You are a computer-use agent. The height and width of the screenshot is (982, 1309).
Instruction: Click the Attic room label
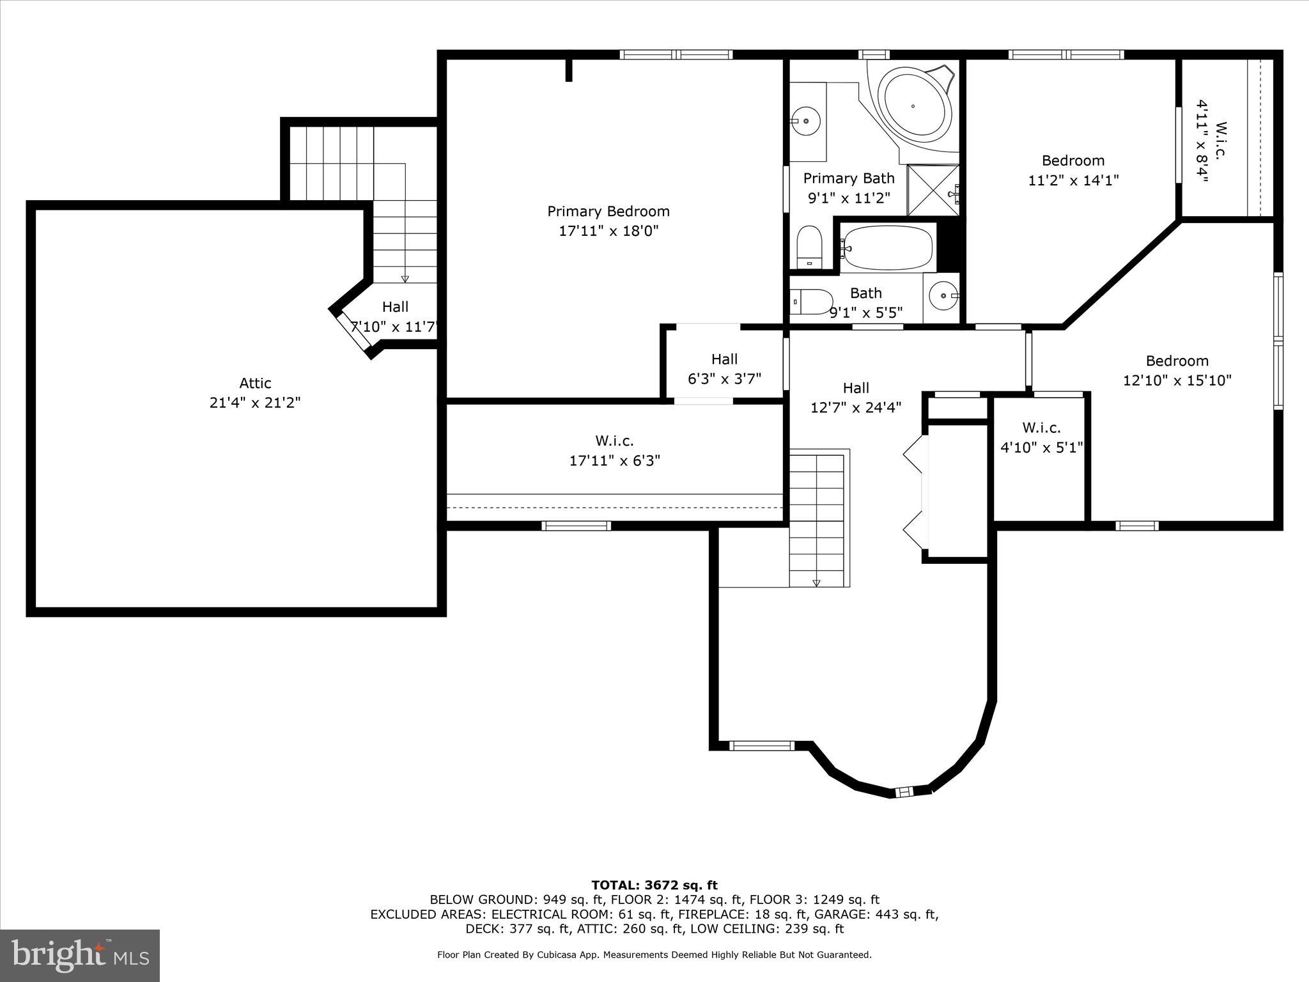tap(255, 383)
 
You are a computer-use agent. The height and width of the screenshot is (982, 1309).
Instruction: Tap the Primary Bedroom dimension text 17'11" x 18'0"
tap(608, 231)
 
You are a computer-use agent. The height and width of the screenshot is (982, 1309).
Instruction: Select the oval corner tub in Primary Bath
tap(914, 106)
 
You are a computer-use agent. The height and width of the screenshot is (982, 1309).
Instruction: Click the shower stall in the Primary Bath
tap(933, 191)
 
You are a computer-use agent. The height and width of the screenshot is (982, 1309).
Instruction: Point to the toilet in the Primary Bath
tap(809, 247)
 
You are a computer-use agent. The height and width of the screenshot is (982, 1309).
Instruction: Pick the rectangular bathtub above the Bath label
tap(887, 247)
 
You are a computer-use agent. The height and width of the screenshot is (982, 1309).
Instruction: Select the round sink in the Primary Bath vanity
tap(806, 120)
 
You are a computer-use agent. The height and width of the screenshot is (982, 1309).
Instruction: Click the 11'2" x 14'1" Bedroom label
tap(1073, 170)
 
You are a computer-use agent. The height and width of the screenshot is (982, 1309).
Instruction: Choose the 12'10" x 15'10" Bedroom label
tap(1177, 370)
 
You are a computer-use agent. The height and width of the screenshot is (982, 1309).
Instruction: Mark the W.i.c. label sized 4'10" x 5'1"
tap(1041, 437)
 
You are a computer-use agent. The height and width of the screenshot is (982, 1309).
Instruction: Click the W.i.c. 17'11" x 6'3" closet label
tap(614, 450)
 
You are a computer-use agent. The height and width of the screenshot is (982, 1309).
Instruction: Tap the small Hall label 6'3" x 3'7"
tap(724, 369)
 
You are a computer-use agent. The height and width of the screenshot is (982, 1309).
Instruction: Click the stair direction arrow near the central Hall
tap(816, 582)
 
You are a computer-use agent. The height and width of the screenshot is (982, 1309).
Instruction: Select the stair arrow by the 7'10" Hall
tap(405, 278)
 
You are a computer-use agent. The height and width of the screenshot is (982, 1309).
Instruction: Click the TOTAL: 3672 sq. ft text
tap(654, 885)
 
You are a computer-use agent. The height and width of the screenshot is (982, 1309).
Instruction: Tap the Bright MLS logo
tap(80, 955)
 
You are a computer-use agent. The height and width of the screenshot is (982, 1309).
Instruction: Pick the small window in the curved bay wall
tap(904, 792)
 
